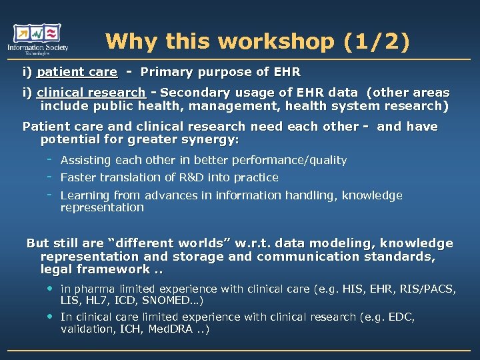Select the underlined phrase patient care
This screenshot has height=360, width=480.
[x=77, y=72]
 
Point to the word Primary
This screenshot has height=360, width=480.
[x=166, y=72]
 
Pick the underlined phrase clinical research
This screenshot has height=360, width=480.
[x=91, y=93]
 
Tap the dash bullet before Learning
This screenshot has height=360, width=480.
[x=49, y=195]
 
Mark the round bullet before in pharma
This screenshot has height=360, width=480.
[x=49, y=289]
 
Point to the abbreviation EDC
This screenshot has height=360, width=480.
[x=401, y=317]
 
